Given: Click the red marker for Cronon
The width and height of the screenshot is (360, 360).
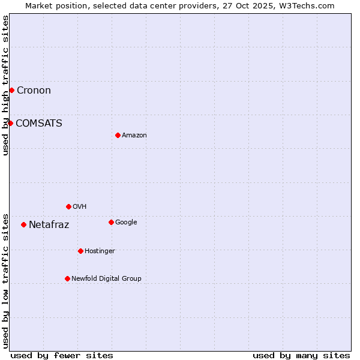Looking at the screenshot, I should point(11,90).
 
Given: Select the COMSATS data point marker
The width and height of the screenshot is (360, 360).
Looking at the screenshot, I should point(10,123).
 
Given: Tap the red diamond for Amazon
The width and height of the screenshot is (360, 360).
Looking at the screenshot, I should point(118,135).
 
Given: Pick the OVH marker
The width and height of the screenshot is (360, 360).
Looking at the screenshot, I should point(68,206).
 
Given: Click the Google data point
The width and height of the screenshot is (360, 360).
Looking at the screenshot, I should point(111,222).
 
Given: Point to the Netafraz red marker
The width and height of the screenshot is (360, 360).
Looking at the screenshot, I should point(23,224).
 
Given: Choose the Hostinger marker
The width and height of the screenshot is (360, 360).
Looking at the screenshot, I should point(80,251).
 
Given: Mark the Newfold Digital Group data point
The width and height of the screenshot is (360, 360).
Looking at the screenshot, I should point(67,278).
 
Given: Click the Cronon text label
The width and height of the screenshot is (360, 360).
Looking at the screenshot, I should point(34,91).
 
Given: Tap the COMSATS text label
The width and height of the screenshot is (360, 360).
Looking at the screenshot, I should point(39,124).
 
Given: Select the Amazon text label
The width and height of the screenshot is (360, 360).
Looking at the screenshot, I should point(134,136).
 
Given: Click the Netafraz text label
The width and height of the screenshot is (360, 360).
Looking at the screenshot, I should point(49,225).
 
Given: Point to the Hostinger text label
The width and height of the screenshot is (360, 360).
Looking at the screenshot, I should point(100,251).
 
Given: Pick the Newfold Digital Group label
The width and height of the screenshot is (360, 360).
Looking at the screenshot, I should point(106,279).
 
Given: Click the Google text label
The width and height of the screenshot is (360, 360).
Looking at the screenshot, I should point(126,223).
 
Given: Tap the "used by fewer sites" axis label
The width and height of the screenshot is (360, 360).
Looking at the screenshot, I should point(62,355).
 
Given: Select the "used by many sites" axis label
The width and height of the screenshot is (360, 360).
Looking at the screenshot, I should point(301,355).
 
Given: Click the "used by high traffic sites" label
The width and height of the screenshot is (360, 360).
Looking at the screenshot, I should point(5,85).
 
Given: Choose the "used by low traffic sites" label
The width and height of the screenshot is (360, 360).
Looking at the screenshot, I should point(5,281).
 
